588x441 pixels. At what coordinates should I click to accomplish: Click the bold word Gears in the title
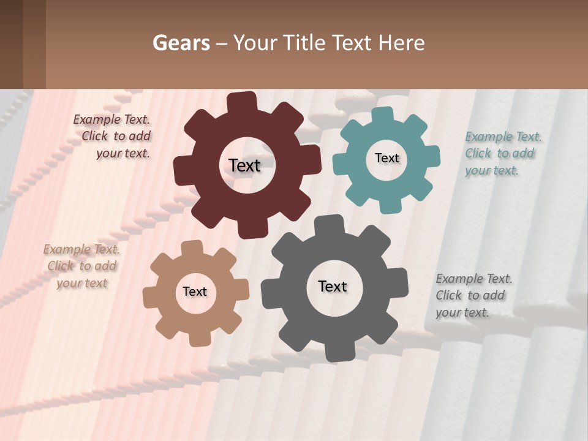[181, 43]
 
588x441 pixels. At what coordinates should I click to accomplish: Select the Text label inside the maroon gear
[244, 165]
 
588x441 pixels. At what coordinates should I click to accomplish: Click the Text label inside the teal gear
[386, 158]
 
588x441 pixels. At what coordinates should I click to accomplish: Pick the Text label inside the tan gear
[195, 292]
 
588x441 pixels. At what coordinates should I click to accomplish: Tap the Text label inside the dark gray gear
[333, 287]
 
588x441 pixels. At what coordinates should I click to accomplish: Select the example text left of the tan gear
[81, 266]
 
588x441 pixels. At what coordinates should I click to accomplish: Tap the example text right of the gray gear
[473, 296]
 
